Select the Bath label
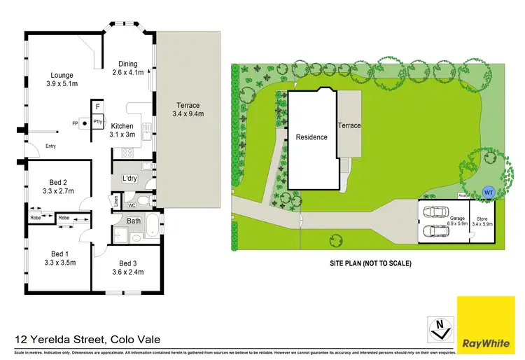click(x=134, y=220)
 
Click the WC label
click(x=131, y=206)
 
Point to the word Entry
click(x=50, y=146)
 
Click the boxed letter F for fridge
click(x=98, y=106)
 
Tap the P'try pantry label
click(x=98, y=123)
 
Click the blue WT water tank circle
click(x=489, y=191)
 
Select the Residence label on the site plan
click(x=311, y=137)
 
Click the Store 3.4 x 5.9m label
click(x=482, y=221)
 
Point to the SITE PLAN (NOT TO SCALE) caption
click(x=370, y=263)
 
